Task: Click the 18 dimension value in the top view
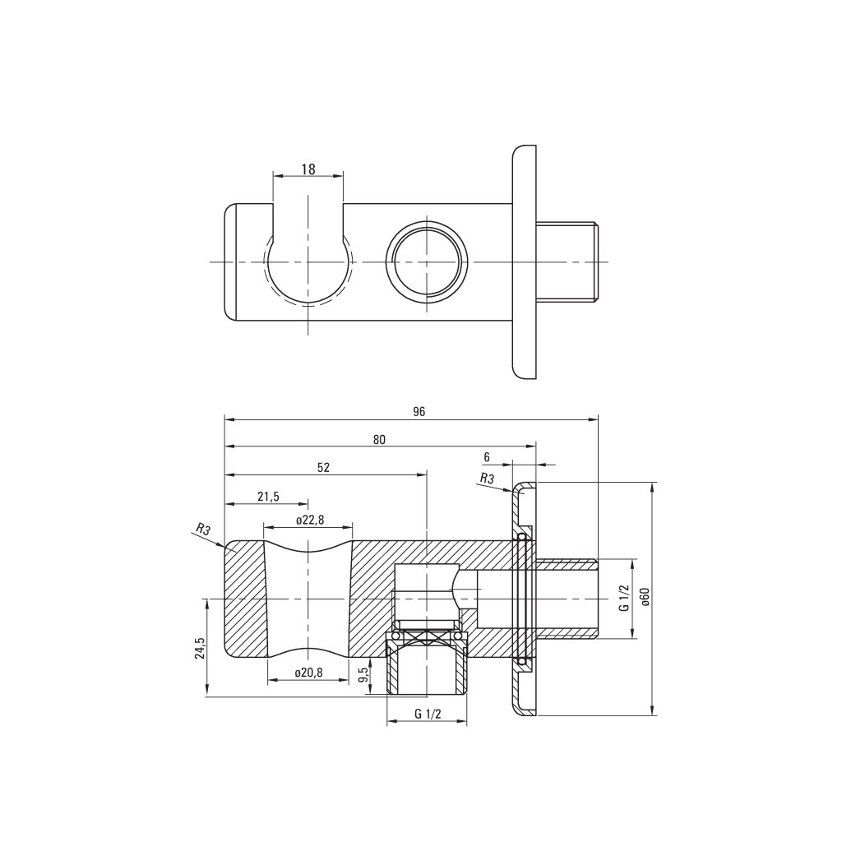[x=308, y=169]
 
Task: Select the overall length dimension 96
[x=419, y=412]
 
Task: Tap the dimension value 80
[x=379, y=439]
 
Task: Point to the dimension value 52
[x=323, y=467]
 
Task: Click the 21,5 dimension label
[x=268, y=497]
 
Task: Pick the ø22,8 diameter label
[x=309, y=520]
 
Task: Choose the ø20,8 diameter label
[x=308, y=672]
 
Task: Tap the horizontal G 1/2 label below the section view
[x=428, y=714]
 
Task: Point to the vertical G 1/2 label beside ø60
[x=624, y=598]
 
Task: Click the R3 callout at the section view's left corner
[x=201, y=529]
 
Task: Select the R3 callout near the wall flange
[x=486, y=478]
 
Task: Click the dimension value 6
[x=487, y=456]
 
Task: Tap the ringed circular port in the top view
[x=428, y=261]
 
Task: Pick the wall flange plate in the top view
[x=525, y=261]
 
